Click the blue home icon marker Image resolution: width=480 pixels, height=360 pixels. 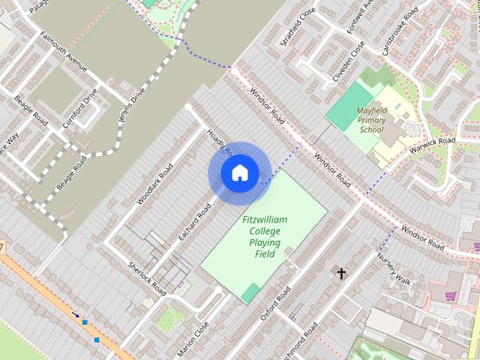click(239, 173)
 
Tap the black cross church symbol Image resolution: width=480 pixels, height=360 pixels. click(341, 274)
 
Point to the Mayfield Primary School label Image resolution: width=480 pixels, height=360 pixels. click(371, 119)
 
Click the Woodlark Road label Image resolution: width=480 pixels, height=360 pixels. click(155, 184)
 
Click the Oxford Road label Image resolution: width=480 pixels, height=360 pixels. click(275, 302)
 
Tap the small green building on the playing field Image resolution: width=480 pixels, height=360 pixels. click(250, 293)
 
